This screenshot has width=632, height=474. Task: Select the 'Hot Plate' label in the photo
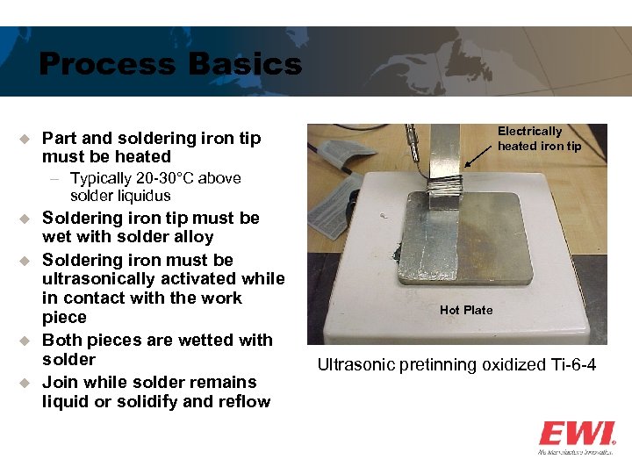(x=466, y=310)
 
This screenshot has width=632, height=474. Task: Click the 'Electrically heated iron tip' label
(x=539, y=139)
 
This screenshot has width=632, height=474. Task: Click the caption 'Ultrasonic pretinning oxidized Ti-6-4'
(x=456, y=364)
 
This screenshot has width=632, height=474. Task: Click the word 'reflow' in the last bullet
(x=245, y=402)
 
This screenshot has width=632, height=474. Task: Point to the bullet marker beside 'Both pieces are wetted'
(x=25, y=341)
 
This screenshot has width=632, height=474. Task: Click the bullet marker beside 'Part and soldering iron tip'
(x=25, y=139)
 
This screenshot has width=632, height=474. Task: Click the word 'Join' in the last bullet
(x=61, y=383)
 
